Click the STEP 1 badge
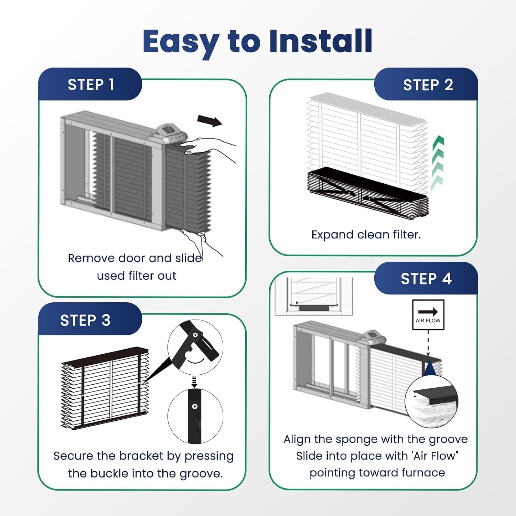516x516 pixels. point(90,84)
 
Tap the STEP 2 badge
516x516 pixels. point(426,84)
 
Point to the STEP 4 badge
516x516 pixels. point(426,278)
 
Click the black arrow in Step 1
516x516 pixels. point(210,121)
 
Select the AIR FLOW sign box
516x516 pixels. point(428,315)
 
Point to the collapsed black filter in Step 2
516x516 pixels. point(367,193)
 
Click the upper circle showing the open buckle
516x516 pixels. point(195,347)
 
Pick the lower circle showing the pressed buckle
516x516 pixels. point(195,416)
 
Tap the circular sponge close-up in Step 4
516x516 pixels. point(432,401)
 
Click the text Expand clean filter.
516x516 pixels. point(366,235)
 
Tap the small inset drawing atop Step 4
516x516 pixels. point(314,296)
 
